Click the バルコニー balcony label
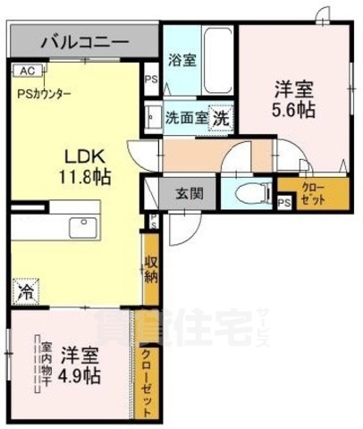(81, 41)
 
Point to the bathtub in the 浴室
(215, 58)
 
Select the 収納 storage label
(153, 275)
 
